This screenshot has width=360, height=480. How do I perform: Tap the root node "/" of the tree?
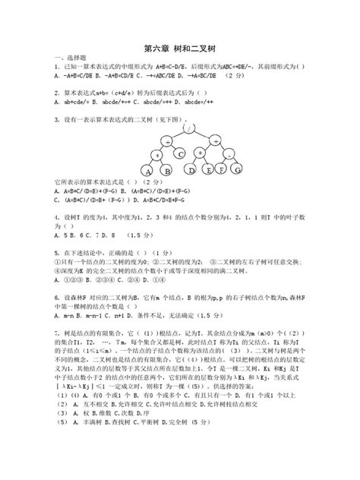click(x=185, y=128)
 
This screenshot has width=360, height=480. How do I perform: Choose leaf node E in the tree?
click(x=204, y=171)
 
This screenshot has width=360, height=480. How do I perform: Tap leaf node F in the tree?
click(x=219, y=171)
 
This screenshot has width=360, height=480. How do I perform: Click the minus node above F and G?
click(x=227, y=156)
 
